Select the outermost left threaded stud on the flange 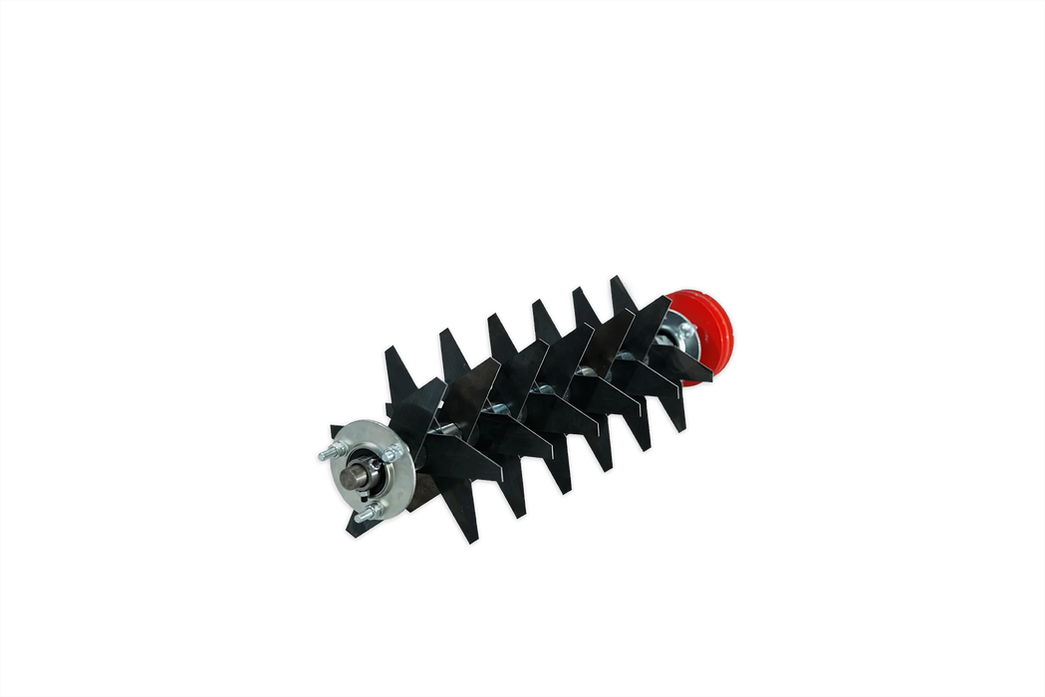pyautogui.click(x=327, y=455)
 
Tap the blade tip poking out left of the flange pyautogui.click(x=335, y=429)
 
